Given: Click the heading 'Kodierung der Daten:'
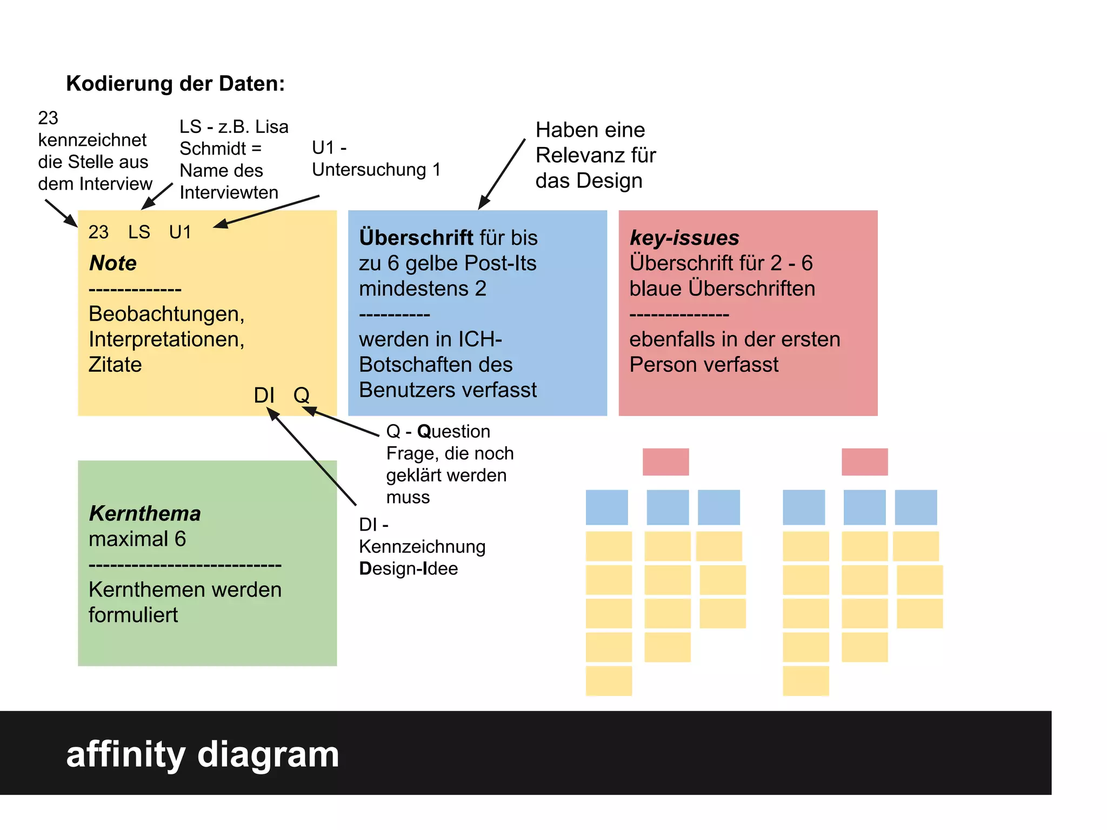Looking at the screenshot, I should (175, 84).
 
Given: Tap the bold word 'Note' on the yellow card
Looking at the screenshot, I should (113, 263).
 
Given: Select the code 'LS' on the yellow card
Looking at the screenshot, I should (139, 232).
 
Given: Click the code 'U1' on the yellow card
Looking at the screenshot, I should (180, 232).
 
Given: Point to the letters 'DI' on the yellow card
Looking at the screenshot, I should (264, 396).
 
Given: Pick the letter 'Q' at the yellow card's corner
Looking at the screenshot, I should (302, 396).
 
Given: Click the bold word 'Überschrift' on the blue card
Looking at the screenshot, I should (416, 238).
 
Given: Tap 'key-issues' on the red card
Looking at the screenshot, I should (684, 238).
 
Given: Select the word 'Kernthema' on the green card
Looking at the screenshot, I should (145, 513).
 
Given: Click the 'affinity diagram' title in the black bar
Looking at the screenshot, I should (203, 754).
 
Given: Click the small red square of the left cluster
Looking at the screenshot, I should (665, 462).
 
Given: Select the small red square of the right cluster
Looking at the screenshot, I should (864, 462).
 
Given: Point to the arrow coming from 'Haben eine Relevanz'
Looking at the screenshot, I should (502, 174).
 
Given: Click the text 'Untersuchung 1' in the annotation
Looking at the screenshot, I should (376, 170).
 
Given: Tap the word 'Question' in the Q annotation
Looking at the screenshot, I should (454, 432).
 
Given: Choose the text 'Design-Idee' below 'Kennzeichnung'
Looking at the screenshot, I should (408, 569).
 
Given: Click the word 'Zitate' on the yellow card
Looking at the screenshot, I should (115, 365).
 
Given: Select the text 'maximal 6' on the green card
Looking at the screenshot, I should (137, 539).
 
